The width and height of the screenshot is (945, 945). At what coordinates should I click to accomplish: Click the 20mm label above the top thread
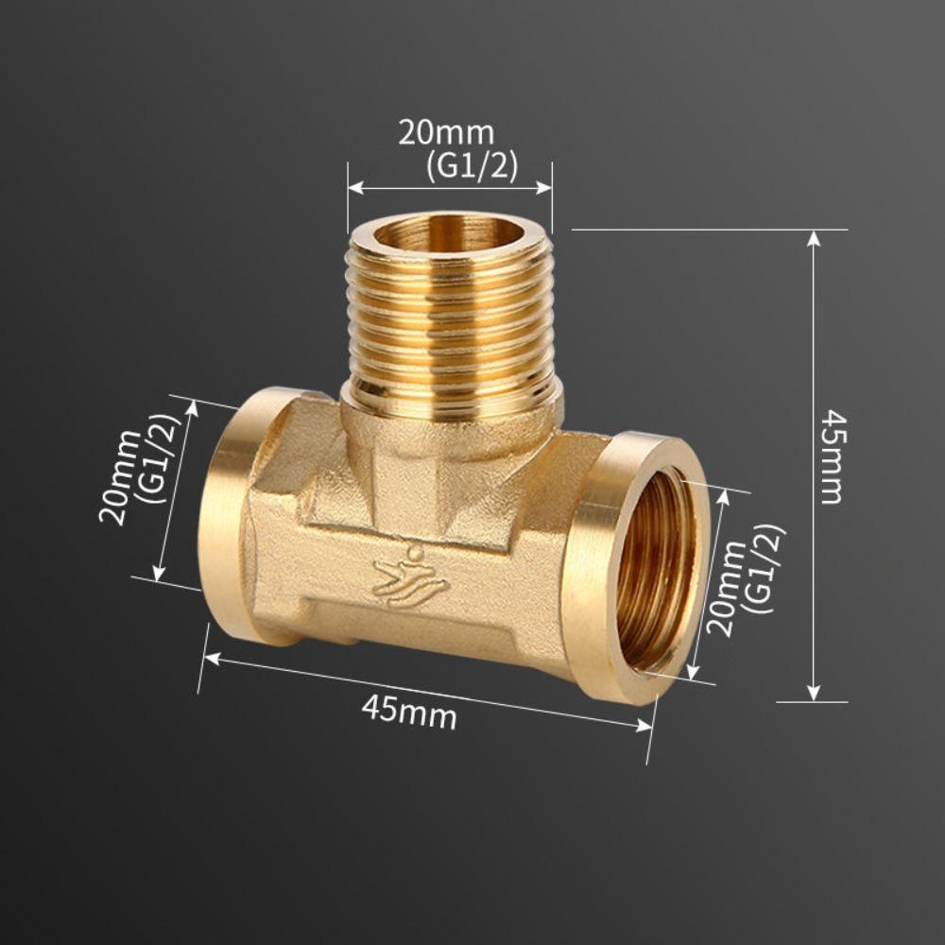(x=445, y=133)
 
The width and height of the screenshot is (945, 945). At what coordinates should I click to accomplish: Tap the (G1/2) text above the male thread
(x=471, y=165)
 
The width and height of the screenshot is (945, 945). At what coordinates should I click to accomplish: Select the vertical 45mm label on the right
(x=832, y=456)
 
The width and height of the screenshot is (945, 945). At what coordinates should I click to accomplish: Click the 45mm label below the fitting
(x=408, y=711)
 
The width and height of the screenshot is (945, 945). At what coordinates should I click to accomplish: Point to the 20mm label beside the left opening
(x=120, y=476)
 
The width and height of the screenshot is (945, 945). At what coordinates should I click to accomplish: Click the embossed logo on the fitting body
(x=410, y=577)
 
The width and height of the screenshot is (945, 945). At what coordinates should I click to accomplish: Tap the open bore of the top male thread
(x=449, y=232)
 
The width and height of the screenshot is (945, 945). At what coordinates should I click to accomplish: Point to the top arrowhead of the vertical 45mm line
(x=814, y=237)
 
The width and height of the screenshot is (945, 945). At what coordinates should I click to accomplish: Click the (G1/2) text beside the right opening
(x=764, y=570)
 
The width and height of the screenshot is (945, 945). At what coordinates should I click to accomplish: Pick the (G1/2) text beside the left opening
(x=161, y=457)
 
